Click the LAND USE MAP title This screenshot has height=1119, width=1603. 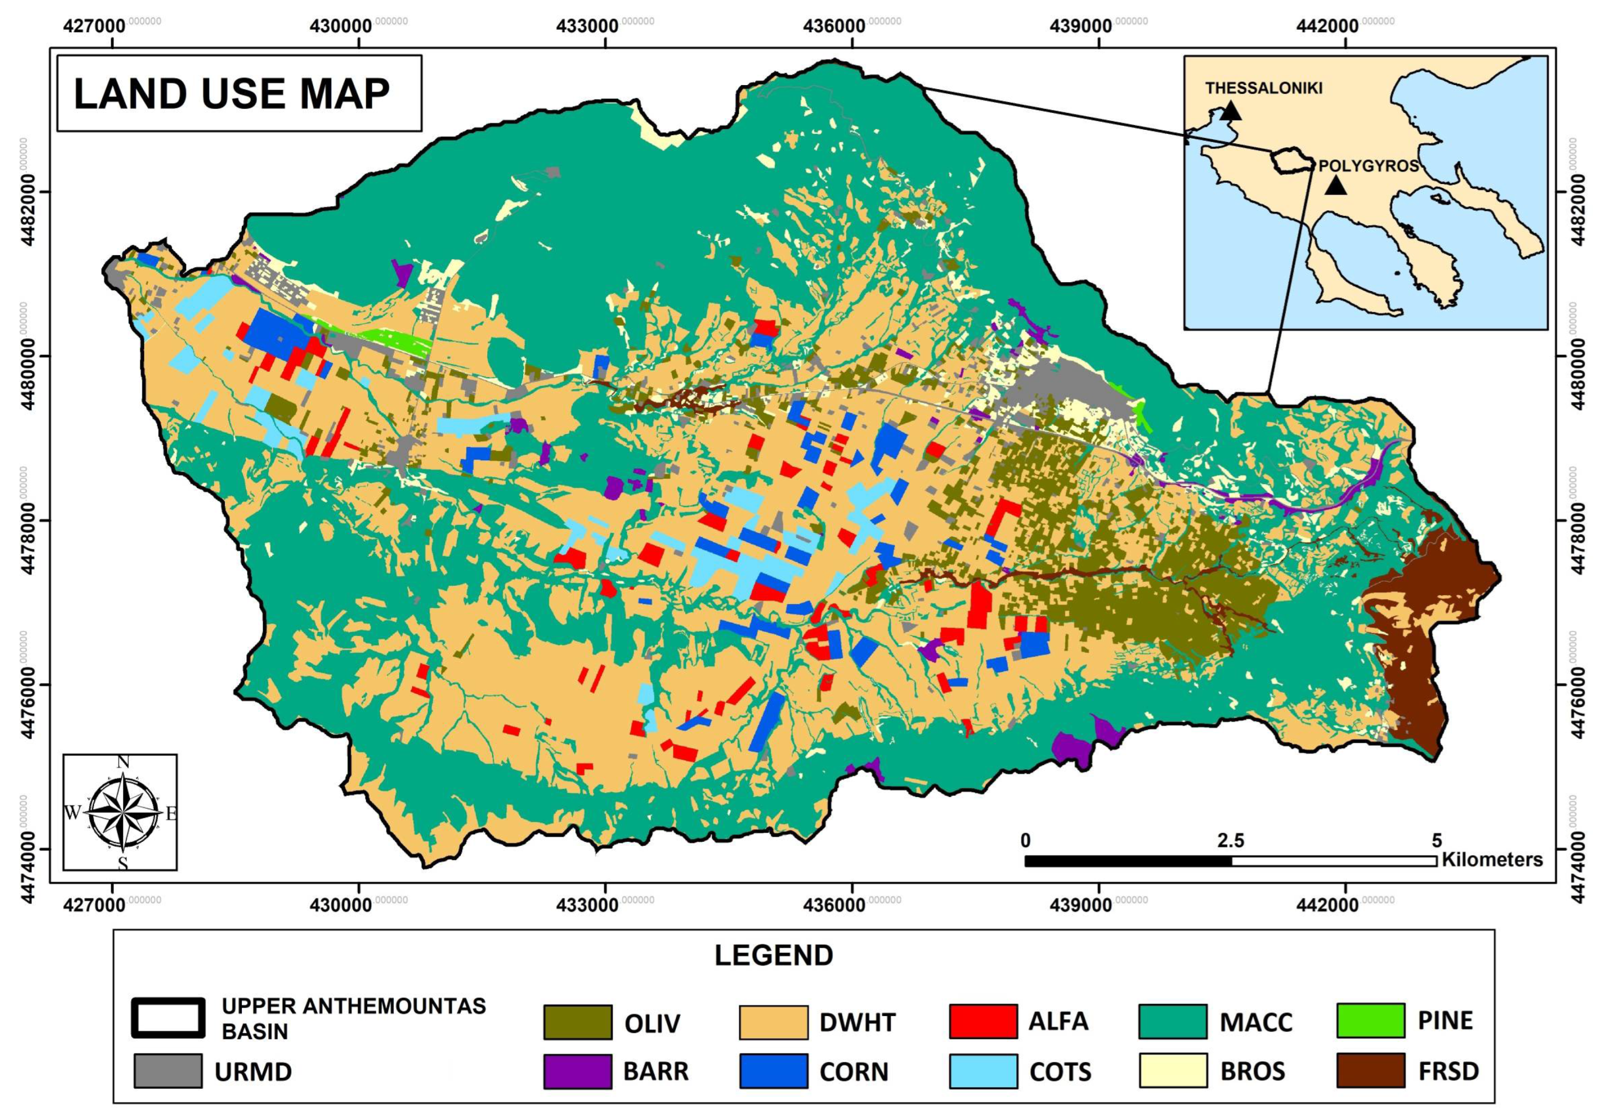pyautogui.click(x=232, y=94)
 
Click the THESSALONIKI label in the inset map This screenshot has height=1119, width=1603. pyautogui.click(x=1264, y=89)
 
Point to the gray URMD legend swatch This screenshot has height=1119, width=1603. pyautogui.click(x=168, y=1071)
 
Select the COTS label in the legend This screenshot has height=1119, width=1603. pyautogui.click(x=1060, y=1072)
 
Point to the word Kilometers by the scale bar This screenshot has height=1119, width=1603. pyautogui.click(x=1492, y=859)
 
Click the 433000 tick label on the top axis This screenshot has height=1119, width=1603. pyautogui.click(x=587, y=26)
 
